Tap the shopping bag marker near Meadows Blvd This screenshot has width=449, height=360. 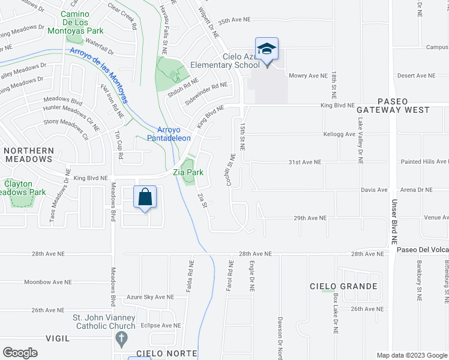point(145,197)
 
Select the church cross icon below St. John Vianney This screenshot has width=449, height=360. point(122,339)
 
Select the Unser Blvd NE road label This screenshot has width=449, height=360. point(395,221)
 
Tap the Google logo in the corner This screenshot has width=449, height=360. point(20,353)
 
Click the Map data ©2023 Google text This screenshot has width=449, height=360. point(411,355)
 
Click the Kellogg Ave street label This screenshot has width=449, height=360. point(339,134)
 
